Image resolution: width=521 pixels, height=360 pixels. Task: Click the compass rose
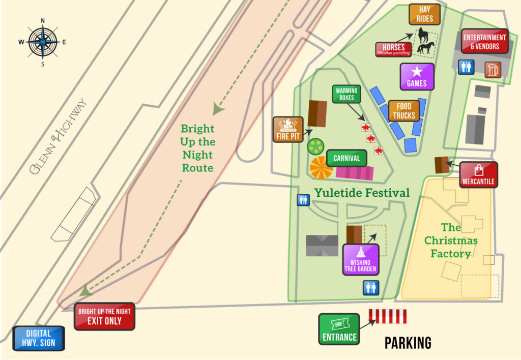(43, 43)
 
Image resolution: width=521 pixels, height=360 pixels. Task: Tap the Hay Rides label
(424, 14)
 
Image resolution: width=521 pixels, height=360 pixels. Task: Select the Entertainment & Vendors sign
(484, 41)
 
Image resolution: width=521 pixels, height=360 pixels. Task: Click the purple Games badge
(417, 76)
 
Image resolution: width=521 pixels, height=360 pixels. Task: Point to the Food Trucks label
(404, 110)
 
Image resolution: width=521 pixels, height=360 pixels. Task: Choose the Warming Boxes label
(346, 95)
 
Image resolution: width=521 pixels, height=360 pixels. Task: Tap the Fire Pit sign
(287, 129)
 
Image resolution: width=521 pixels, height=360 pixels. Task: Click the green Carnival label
(346, 158)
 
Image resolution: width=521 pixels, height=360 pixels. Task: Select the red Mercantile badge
(478, 175)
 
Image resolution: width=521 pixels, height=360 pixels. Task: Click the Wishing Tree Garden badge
(360, 259)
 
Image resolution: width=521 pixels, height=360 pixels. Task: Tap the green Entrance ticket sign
(339, 329)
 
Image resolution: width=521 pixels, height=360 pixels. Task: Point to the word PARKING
(408, 343)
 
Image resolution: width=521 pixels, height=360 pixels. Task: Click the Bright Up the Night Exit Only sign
(104, 316)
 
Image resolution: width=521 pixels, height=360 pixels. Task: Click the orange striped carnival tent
(321, 167)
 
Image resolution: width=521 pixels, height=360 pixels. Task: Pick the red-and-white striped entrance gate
(388, 316)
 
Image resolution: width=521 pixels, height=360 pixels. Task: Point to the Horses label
(393, 49)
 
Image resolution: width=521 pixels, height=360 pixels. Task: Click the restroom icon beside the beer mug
(466, 67)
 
